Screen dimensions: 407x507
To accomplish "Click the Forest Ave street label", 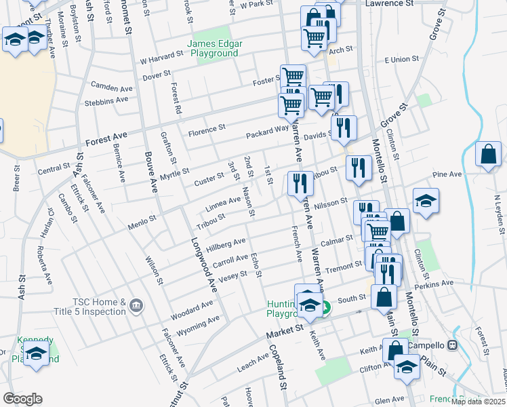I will tap(106, 142).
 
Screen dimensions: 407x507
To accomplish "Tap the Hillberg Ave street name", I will tap(226, 244).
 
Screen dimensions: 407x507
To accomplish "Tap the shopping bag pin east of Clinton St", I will tap(488, 155).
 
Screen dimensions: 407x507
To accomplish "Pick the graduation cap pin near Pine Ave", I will tap(426, 201).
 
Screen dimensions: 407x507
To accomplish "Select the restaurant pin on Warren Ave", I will tap(300, 182).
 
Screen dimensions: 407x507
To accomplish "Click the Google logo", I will tap(22, 399).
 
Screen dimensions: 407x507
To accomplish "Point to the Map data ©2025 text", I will tap(478, 402).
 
